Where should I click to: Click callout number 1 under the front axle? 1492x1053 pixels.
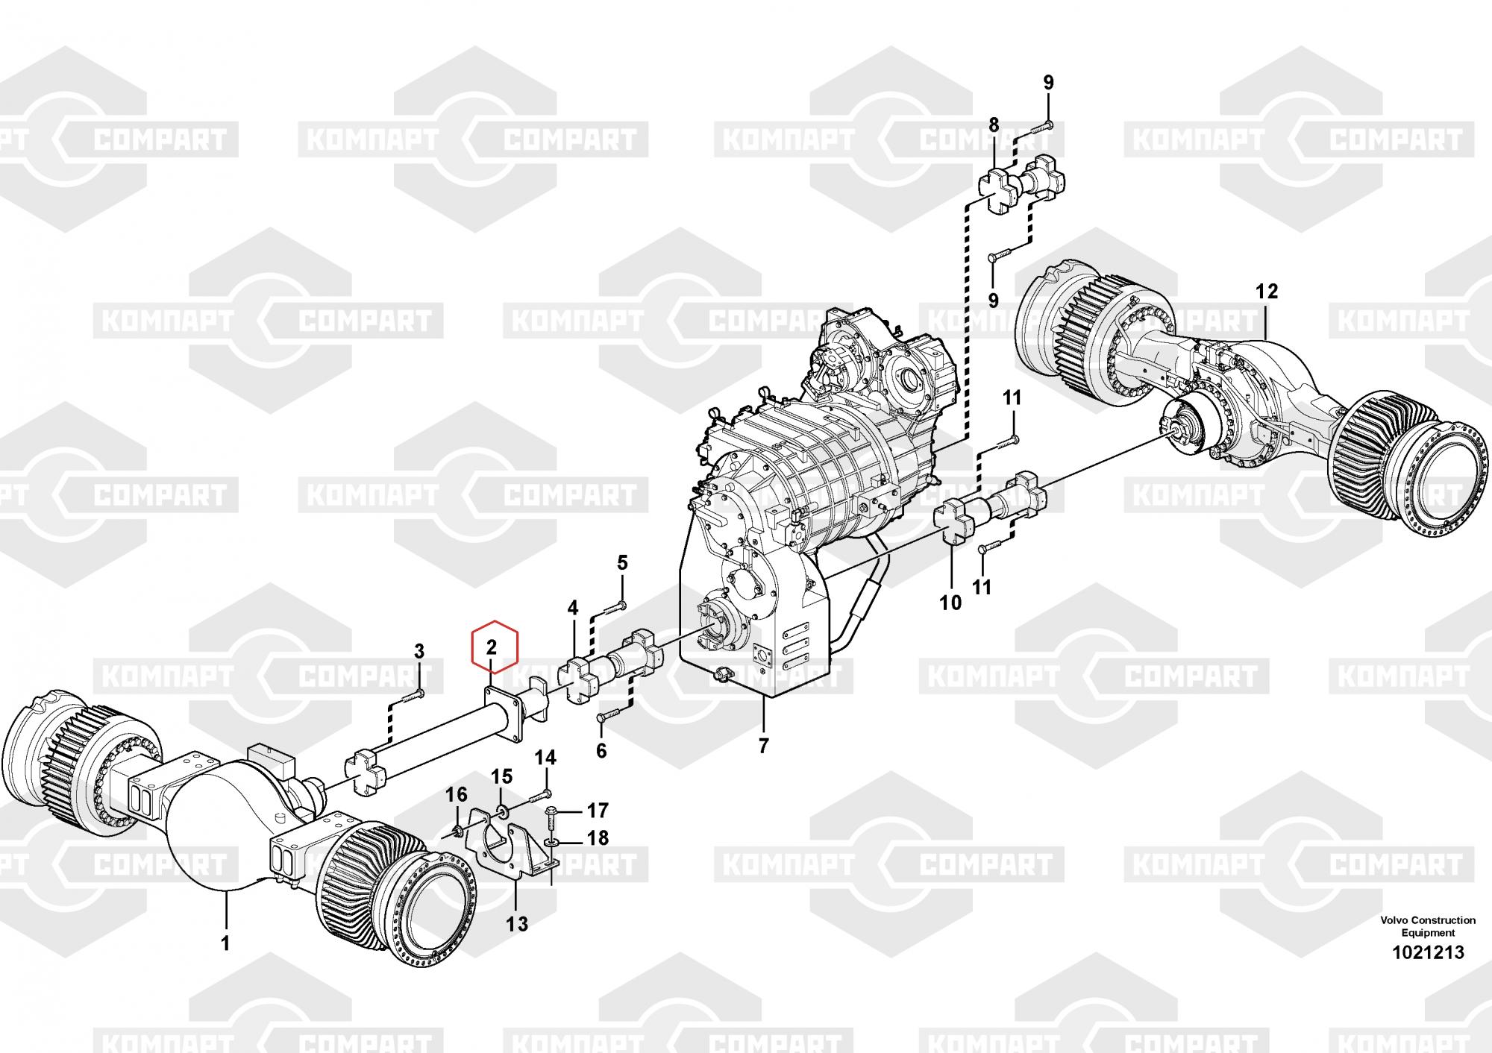coord(225,943)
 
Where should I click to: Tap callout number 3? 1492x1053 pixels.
coord(419,651)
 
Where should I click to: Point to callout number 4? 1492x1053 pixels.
coord(572,609)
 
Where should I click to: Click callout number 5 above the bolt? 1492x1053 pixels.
coord(622,563)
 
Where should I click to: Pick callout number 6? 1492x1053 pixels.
coord(601,751)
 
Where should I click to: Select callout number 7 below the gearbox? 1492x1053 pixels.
coord(763,745)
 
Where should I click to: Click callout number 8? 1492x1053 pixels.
coord(993,125)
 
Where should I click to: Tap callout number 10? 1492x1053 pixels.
coord(950,603)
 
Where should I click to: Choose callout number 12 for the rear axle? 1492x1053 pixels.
coord(1267,291)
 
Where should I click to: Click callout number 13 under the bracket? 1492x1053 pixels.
coord(516,924)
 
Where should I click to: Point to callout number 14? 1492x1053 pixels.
coord(545,758)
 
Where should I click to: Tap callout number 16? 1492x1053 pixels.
coord(457,794)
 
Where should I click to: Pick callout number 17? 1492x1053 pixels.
coord(598,810)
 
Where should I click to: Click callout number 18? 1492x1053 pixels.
coord(598,838)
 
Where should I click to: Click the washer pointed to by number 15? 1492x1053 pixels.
coord(500,810)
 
